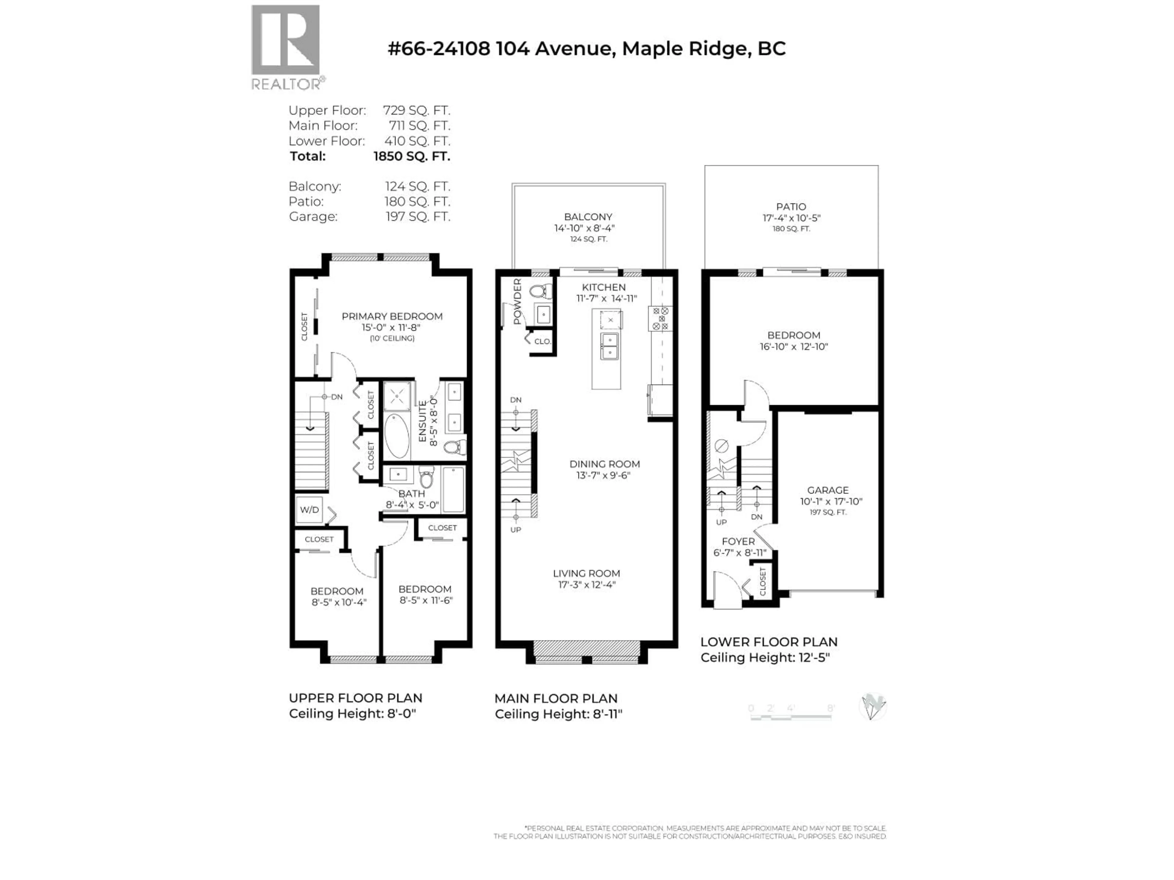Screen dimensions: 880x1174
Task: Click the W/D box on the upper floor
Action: click(309, 510)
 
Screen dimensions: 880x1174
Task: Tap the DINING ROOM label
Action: click(604, 464)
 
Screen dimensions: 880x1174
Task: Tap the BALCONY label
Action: click(588, 217)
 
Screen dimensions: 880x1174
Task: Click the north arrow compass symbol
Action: click(872, 707)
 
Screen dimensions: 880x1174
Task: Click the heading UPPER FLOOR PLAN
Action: click(355, 698)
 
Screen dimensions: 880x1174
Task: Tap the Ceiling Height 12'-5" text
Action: click(765, 658)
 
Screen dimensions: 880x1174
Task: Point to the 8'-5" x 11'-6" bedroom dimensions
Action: click(426, 600)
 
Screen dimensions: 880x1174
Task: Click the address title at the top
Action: click(586, 49)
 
